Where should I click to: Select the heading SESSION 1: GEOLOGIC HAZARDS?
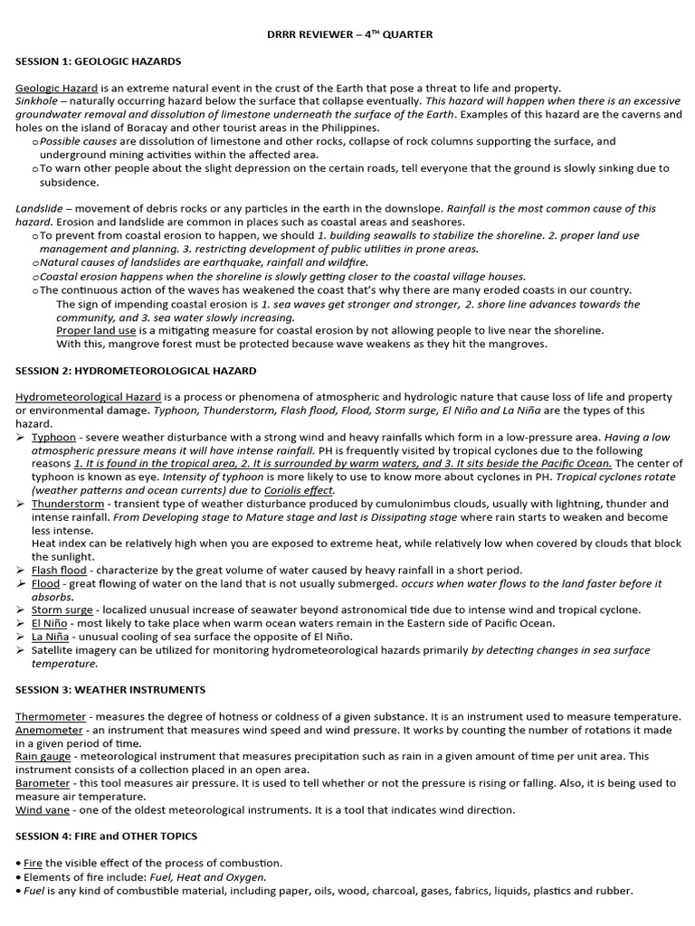click(x=98, y=61)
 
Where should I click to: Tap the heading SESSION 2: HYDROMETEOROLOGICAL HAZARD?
click(x=136, y=371)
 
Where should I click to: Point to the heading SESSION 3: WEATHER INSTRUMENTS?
click(x=110, y=690)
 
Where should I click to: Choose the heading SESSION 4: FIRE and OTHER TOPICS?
click(x=106, y=836)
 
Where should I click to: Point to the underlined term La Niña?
click(x=50, y=637)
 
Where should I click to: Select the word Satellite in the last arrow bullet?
click(x=54, y=650)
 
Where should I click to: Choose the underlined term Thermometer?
click(x=50, y=716)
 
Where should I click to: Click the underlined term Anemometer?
click(x=51, y=730)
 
